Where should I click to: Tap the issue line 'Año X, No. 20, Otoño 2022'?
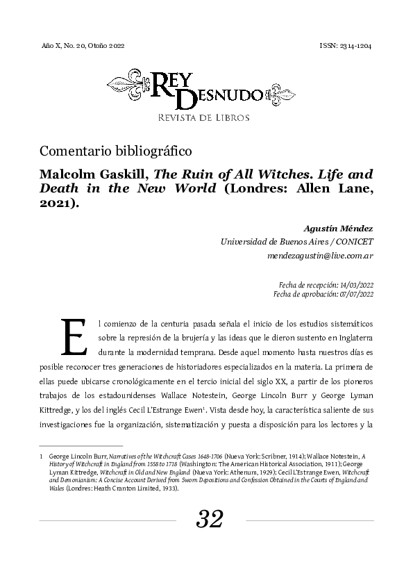point(83,45)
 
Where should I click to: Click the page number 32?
point(210,518)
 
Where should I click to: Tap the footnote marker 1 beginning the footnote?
point(42,456)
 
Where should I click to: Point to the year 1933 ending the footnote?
point(169,488)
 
